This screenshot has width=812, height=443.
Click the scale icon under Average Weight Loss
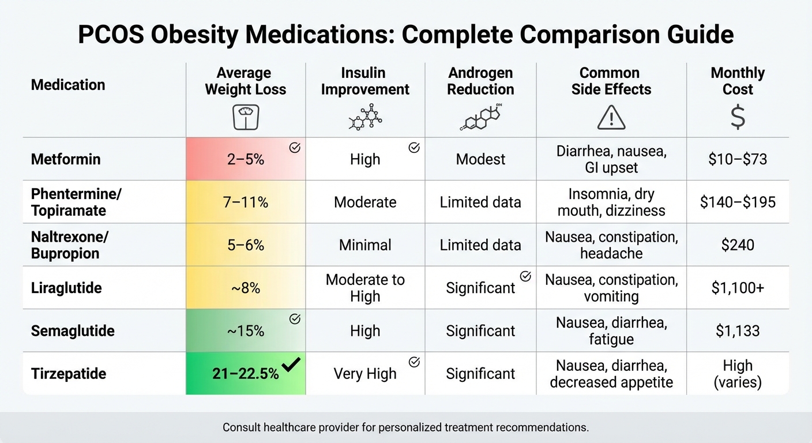[x=246, y=117]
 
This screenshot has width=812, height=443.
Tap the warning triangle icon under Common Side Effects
[x=611, y=118]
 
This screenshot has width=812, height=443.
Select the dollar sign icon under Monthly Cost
[x=738, y=117]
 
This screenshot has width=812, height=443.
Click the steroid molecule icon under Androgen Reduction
[x=480, y=117]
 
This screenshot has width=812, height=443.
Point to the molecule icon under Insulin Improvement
[x=366, y=117]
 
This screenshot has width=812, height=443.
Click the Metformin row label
[x=66, y=159]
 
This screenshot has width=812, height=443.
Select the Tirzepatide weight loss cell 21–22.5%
[x=246, y=374]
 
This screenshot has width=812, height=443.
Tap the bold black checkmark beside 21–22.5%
[x=291, y=365]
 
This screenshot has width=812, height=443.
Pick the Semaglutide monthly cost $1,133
[x=738, y=331]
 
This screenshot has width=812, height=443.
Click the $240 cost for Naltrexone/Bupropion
[x=738, y=245]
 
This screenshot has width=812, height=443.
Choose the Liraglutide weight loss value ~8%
[x=246, y=288]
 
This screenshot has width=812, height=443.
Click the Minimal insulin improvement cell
[x=365, y=245]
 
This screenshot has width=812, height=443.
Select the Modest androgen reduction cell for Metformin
[x=480, y=159]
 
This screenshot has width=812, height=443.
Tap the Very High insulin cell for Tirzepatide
[x=365, y=374]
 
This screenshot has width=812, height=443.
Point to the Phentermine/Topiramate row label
[x=76, y=202]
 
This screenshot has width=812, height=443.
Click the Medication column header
[x=68, y=85]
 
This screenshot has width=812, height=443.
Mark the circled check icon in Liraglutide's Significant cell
[x=525, y=276]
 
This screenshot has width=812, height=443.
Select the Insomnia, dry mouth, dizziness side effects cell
[x=611, y=202]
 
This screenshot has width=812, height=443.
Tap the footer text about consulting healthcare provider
[x=405, y=428]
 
